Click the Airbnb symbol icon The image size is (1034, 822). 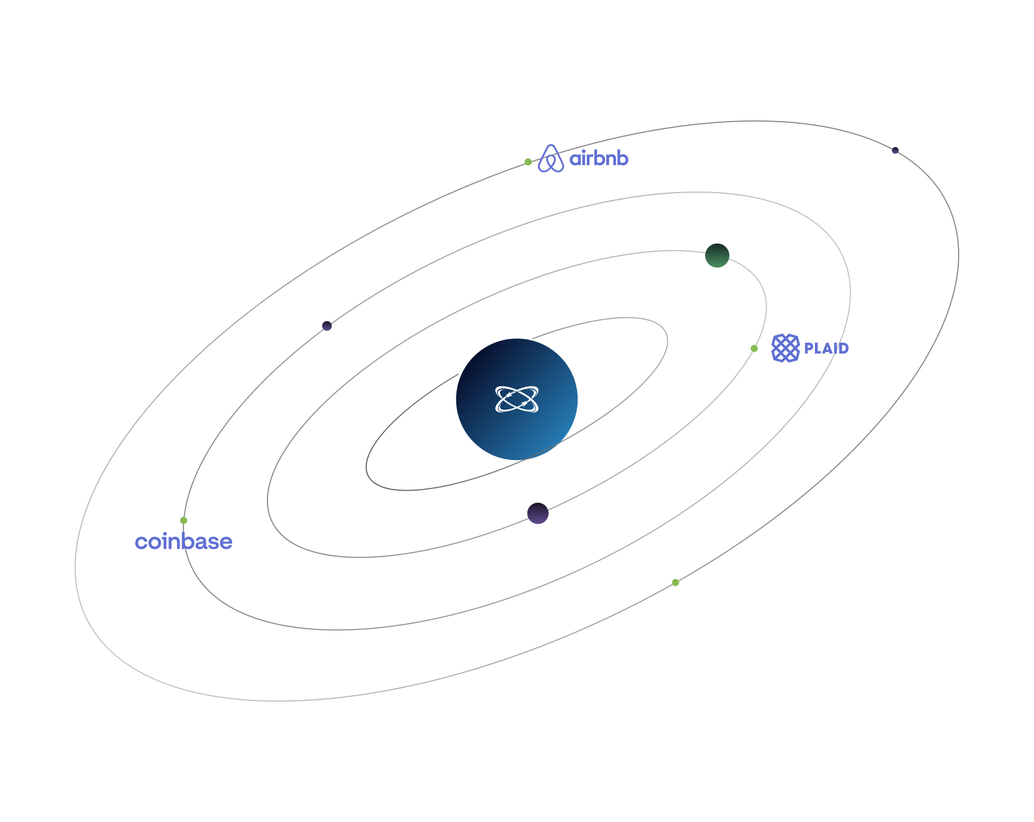(551, 159)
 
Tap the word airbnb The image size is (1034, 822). (599, 159)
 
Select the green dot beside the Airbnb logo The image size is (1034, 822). (528, 162)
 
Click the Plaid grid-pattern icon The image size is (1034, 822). (785, 348)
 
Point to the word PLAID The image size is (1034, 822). (826, 349)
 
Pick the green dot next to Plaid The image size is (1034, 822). (754, 349)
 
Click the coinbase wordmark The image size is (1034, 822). (184, 542)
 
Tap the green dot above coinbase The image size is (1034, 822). (184, 520)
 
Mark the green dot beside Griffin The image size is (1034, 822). (676, 583)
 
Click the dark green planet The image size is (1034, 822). (717, 255)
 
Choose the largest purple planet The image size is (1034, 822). (538, 513)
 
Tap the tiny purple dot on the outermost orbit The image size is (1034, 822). (895, 151)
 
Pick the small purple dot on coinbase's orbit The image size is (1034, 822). (327, 326)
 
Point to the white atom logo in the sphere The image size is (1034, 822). (517, 399)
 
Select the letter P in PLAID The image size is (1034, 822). (808, 349)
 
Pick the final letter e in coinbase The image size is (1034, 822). (227, 542)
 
